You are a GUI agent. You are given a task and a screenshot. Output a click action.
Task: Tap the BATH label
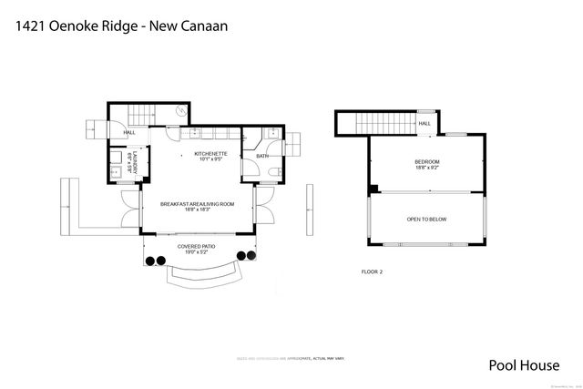[x=262, y=156]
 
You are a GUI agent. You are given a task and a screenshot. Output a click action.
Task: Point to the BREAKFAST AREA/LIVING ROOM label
[x=198, y=204]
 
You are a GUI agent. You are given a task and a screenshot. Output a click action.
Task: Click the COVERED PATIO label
[x=196, y=246]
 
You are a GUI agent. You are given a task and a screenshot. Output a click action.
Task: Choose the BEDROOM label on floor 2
[x=427, y=161]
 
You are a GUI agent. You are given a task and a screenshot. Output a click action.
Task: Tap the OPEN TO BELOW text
[x=427, y=220]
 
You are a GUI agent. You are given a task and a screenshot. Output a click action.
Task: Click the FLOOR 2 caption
[x=373, y=271]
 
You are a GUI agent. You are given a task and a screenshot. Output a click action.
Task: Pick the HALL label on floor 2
[x=424, y=124]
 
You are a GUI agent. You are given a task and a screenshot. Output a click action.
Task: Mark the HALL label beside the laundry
[x=130, y=133]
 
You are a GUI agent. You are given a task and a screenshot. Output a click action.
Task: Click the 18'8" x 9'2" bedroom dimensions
[x=427, y=168]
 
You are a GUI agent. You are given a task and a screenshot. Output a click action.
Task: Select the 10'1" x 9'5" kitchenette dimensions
[x=212, y=160]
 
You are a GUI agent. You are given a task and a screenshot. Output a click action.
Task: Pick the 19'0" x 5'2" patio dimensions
[x=196, y=252]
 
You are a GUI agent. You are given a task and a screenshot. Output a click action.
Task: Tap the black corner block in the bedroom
[x=373, y=189]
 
